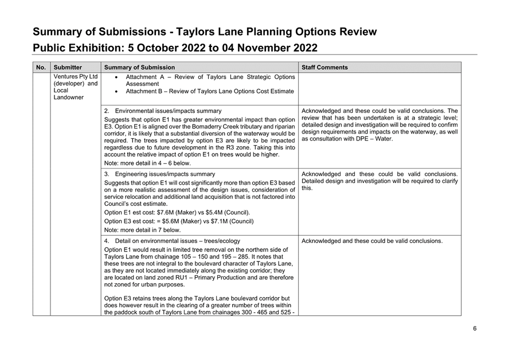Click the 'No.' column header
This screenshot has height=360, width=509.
41,68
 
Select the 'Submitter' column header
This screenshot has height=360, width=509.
68,68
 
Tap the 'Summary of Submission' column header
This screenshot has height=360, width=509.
139,68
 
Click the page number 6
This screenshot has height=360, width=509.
475,328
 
